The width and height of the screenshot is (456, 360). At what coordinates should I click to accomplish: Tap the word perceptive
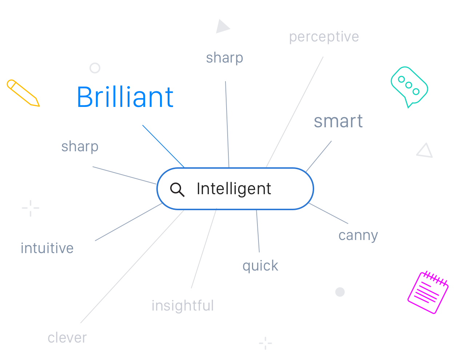pos(324,37)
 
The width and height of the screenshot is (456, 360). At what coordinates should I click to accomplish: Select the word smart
pos(338,121)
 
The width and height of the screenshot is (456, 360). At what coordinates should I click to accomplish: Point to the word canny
pos(358,236)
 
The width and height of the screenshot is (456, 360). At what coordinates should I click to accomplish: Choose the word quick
pos(260,266)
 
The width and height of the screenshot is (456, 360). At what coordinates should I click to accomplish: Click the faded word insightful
pos(183,305)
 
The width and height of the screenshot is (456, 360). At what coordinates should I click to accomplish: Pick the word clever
pos(67,337)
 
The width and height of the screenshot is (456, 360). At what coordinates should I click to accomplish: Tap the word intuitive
pos(47,248)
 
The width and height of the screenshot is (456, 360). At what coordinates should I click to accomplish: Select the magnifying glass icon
pos(177,189)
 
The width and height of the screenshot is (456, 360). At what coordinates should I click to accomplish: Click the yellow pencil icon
pos(23,93)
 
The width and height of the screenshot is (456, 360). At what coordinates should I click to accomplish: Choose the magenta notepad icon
pos(428,292)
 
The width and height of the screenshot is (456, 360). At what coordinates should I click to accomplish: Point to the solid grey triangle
pos(222,27)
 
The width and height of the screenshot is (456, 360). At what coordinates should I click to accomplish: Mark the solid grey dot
pos(340,292)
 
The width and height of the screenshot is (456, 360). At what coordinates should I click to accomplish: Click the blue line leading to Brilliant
pos(163,146)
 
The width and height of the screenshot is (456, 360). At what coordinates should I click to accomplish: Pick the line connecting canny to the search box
pos(328,213)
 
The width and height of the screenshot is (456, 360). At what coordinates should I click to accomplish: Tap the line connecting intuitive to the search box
pos(128,222)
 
